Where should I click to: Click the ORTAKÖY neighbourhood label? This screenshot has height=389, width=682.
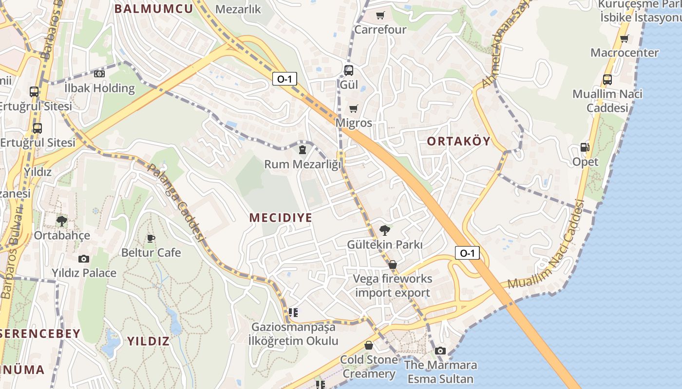(458, 141)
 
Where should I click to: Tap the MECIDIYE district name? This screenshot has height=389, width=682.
(281, 217)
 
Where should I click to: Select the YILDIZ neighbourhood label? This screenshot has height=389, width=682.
(148, 341)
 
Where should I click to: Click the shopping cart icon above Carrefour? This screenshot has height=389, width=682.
(380, 15)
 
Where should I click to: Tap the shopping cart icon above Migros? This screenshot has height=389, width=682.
(353, 108)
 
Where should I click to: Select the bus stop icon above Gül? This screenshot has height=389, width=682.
(348, 70)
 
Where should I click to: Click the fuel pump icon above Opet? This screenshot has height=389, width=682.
(585, 147)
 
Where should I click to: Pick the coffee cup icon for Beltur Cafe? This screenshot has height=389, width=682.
(151, 238)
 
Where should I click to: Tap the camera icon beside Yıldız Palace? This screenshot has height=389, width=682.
(84, 259)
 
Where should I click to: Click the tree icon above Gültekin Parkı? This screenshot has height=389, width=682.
(385, 230)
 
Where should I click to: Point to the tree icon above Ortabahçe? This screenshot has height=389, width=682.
(62, 221)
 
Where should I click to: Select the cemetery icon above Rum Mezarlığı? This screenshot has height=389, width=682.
(302, 150)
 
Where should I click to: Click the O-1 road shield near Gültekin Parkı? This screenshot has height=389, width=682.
(467, 253)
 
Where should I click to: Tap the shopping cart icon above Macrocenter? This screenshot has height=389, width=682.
(624, 38)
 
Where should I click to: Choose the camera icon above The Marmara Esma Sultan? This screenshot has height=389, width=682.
(440, 351)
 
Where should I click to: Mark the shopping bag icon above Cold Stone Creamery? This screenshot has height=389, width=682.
(369, 345)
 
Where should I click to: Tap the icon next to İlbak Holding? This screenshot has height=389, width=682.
(99, 74)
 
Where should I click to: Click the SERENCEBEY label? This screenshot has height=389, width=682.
(40, 334)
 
